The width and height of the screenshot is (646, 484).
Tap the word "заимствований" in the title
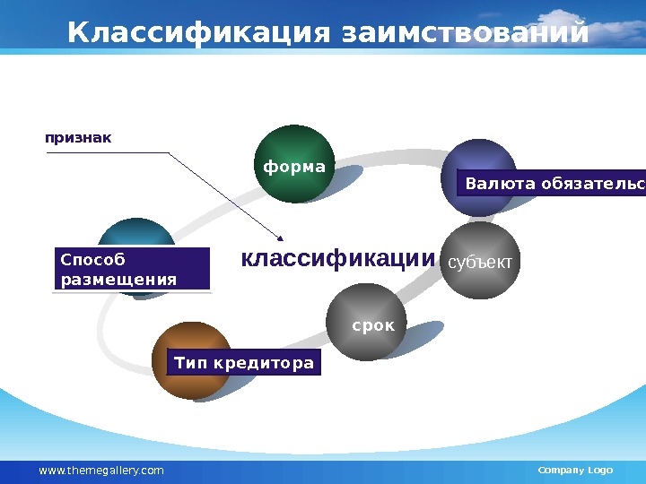[x=466, y=33]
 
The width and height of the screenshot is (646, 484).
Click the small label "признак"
[x=79, y=138]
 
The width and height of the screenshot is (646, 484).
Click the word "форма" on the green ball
[x=294, y=167]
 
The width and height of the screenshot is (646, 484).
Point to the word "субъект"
[x=480, y=262]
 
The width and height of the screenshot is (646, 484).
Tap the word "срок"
[x=373, y=324]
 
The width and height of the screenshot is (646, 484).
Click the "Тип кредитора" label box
[x=244, y=363]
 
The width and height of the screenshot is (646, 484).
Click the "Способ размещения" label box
[x=131, y=270]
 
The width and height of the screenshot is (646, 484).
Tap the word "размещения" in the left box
[x=118, y=280]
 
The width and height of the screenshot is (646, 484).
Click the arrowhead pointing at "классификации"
[x=281, y=238]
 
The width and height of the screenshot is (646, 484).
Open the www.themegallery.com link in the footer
[x=101, y=471]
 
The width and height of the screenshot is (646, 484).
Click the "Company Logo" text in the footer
[x=574, y=471]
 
